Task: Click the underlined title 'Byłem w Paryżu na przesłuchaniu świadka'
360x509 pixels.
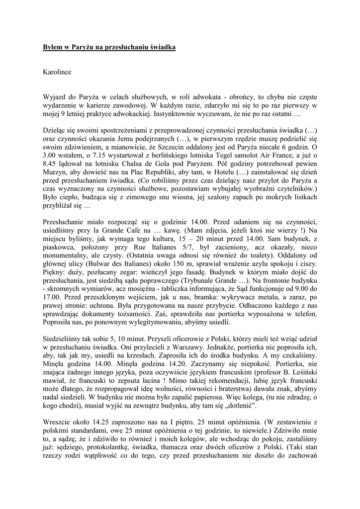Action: (109, 47)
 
